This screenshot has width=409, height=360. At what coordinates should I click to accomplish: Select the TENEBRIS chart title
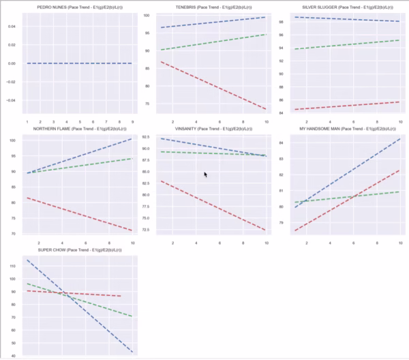[x=211, y=7]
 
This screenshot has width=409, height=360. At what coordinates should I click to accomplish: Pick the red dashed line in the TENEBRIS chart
[x=211, y=85]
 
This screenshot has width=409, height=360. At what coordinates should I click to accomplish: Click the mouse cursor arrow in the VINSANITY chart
[x=205, y=175]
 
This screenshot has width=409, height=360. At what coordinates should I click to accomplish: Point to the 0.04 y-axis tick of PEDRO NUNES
[x=15, y=26]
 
